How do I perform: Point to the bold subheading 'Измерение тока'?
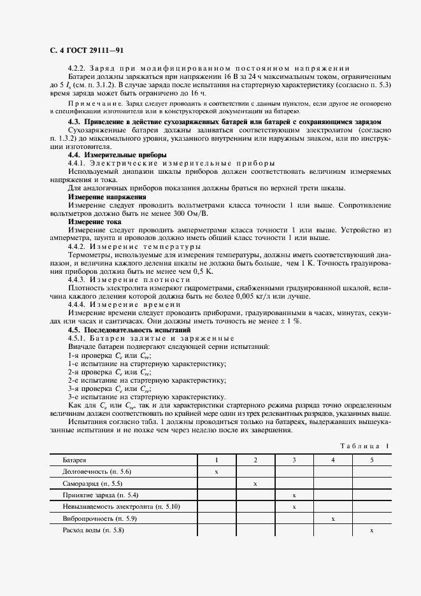(87, 222)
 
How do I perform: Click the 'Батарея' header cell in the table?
(74, 460)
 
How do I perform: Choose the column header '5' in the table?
(371, 460)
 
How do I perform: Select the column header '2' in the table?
(255, 460)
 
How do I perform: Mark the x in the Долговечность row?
(217, 472)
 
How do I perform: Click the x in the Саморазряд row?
(255, 484)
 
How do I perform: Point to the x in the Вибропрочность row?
(333, 520)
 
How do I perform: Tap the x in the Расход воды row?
(371, 531)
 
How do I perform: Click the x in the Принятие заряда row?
(294, 495)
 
